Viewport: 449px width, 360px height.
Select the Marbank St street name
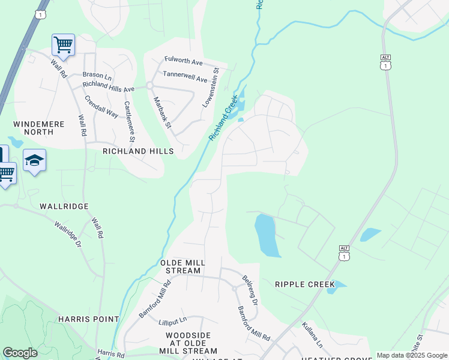point(162,112)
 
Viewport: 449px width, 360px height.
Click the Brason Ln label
point(97,77)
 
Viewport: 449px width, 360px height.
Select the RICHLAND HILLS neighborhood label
point(138,151)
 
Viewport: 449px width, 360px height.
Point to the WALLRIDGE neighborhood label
point(64,206)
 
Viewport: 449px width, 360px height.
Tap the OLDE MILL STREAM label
point(183,267)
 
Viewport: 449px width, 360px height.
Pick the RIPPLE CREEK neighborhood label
point(303,283)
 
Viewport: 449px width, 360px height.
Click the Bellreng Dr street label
point(250,290)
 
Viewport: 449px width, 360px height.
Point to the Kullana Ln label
point(312,336)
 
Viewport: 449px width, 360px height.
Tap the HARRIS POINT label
point(82,319)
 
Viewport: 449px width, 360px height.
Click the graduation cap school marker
point(34,160)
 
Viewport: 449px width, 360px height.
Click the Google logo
point(20,353)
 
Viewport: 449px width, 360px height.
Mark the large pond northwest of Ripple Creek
point(265,235)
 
